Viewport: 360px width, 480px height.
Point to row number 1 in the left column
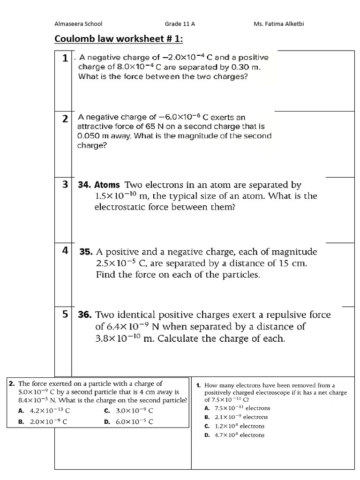click(x=65, y=59)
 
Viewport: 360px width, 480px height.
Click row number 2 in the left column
click(x=65, y=119)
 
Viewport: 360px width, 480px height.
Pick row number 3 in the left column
click(x=65, y=184)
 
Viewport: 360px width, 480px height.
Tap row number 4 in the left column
click(x=65, y=250)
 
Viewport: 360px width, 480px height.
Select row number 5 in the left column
click(x=65, y=314)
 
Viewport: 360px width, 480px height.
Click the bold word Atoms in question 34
click(x=108, y=185)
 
